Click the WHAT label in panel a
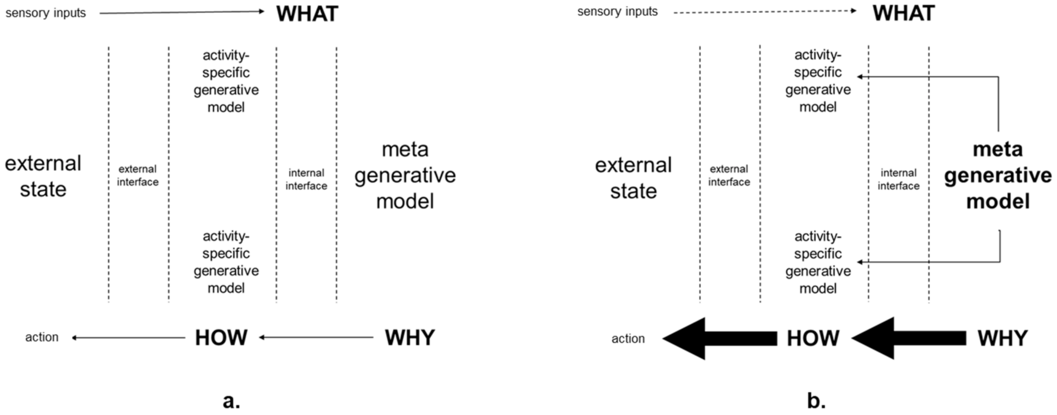pyautogui.click(x=307, y=14)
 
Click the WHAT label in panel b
pyautogui.click(x=903, y=13)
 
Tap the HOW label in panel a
pyautogui.click(x=221, y=338)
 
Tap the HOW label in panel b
pyautogui.click(x=813, y=339)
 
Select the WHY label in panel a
pyautogui.click(x=410, y=338)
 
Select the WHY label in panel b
pyautogui.click(x=1002, y=339)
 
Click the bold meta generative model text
pyautogui.click(x=998, y=175)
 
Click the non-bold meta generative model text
pyautogui.click(x=405, y=175)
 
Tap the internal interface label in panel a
pyautogui.click(x=306, y=179)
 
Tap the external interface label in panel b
pyautogui.click(x=729, y=175)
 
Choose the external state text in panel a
pyautogui.click(x=43, y=176)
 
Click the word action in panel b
pyautogui.click(x=628, y=339)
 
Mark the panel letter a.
pyautogui.click(x=231, y=401)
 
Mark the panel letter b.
pyautogui.click(x=816, y=401)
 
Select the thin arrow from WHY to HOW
pyautogui.click(x=316, y=338)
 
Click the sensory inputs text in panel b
pyautogui.click(x=617, y=12)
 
